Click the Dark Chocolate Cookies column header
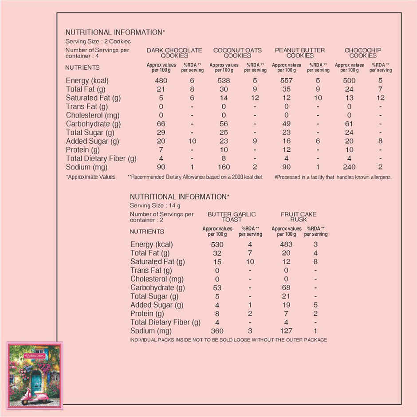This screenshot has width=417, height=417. point(174,53)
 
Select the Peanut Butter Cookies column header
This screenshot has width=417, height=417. point(299,53)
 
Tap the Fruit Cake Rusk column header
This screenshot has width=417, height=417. point(299,217)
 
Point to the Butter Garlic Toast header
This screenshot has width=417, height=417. point(232,217)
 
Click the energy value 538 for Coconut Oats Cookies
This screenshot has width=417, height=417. point(224,81)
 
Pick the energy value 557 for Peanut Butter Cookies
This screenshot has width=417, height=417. point(286,81)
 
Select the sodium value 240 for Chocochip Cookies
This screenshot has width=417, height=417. point(349,167)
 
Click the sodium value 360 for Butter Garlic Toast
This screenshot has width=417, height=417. point(217,331)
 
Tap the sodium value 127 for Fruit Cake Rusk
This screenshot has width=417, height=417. point(286,331)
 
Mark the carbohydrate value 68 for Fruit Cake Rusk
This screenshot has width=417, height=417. point(286,287)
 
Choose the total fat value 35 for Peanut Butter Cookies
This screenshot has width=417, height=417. point(286,89)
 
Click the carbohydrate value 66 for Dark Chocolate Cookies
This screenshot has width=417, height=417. point(161,124)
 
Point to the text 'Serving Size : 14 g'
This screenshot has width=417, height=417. point(155,206)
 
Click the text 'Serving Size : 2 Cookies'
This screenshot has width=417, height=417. point(98,42)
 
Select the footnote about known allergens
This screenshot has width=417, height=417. point(333,177)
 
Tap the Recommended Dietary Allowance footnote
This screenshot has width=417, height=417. point(195,177)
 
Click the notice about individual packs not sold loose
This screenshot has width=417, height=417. point(228,340)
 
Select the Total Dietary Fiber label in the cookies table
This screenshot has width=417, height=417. point(101,158)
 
